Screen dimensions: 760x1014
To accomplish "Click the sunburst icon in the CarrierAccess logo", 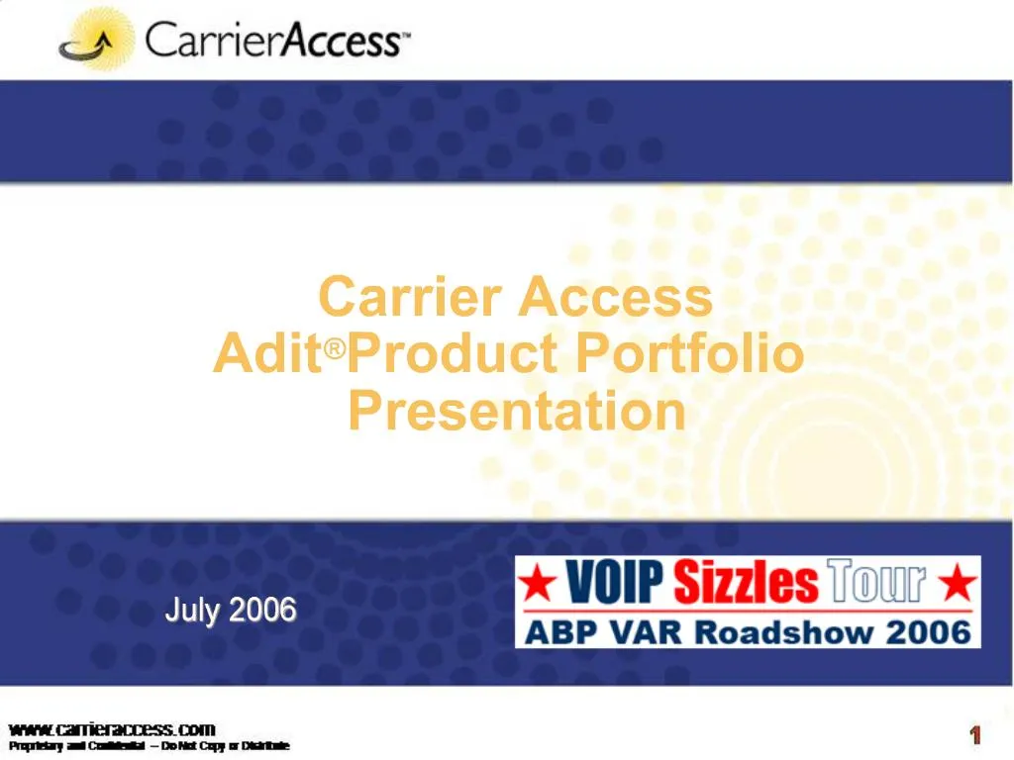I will tap(96, 40).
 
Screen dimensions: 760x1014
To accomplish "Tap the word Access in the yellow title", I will tap(616, 296).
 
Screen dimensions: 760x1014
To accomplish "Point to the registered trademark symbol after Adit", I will tap(337, 348).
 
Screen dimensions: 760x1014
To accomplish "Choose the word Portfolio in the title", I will tap(690, 353).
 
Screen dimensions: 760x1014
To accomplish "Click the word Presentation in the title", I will tap(516, 411).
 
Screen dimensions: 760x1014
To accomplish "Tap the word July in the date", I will tap(193, 610).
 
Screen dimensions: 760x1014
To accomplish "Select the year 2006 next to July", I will tap(262, 610).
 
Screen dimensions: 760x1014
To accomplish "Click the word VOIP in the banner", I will tap(615, 583).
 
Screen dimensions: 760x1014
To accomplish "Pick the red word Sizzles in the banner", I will tap(747, 583).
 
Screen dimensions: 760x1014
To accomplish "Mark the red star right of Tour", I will tap(957, 584).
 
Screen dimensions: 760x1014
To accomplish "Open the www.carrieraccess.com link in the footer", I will tap(111, 729).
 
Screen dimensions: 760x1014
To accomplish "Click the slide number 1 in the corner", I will tap(975, 735).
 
